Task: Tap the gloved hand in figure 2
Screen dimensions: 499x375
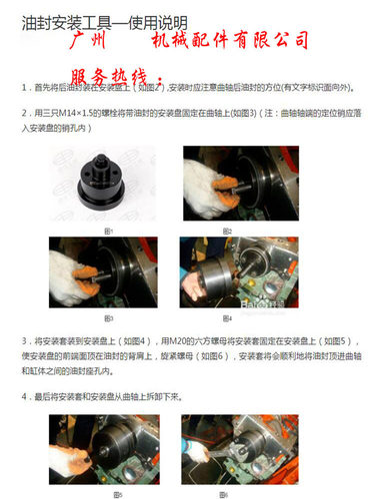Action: (207, 187)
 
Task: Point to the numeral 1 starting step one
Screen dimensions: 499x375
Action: (23, 88)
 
